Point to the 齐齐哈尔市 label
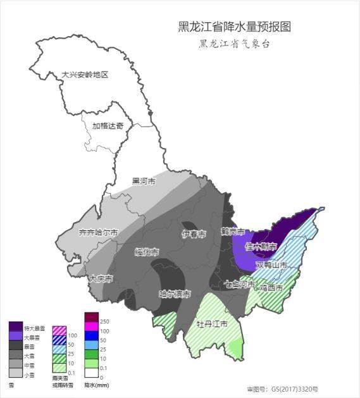[99, 232]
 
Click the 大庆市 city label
[101, 278]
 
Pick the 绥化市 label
[147, 252]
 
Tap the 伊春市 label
[194, 235]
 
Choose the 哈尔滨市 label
[174, 294]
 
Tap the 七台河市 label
[239, 285]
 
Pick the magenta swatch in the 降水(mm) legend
[92, 326]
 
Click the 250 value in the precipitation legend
[104, 322]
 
